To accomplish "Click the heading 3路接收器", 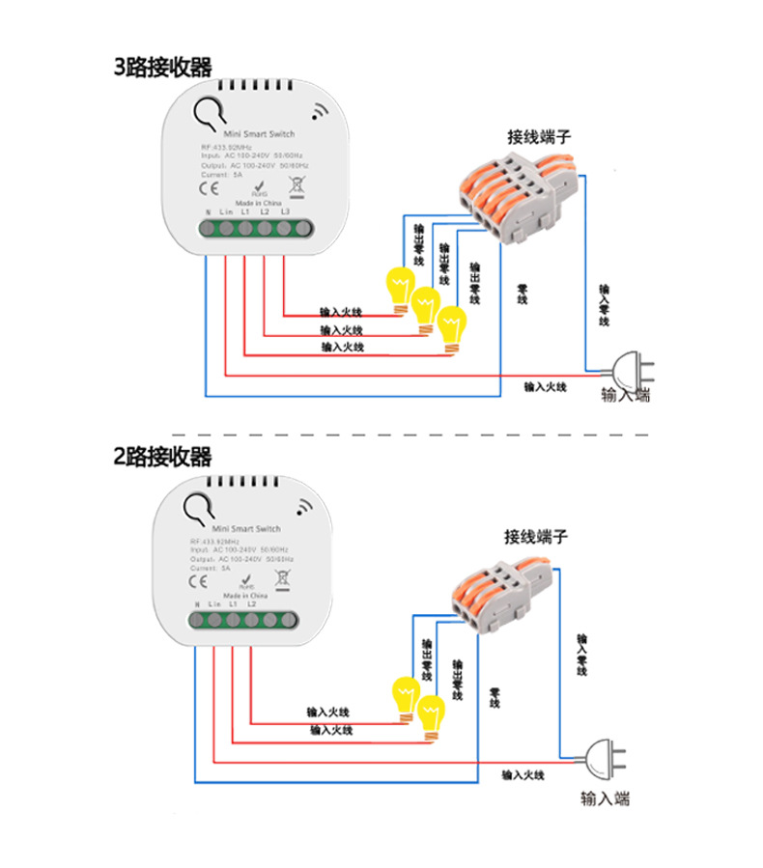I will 162,67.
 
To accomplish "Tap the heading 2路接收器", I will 162,456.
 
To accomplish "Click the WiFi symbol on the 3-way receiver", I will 320,112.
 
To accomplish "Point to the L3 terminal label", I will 286,211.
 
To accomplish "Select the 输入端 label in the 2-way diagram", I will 606,798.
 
